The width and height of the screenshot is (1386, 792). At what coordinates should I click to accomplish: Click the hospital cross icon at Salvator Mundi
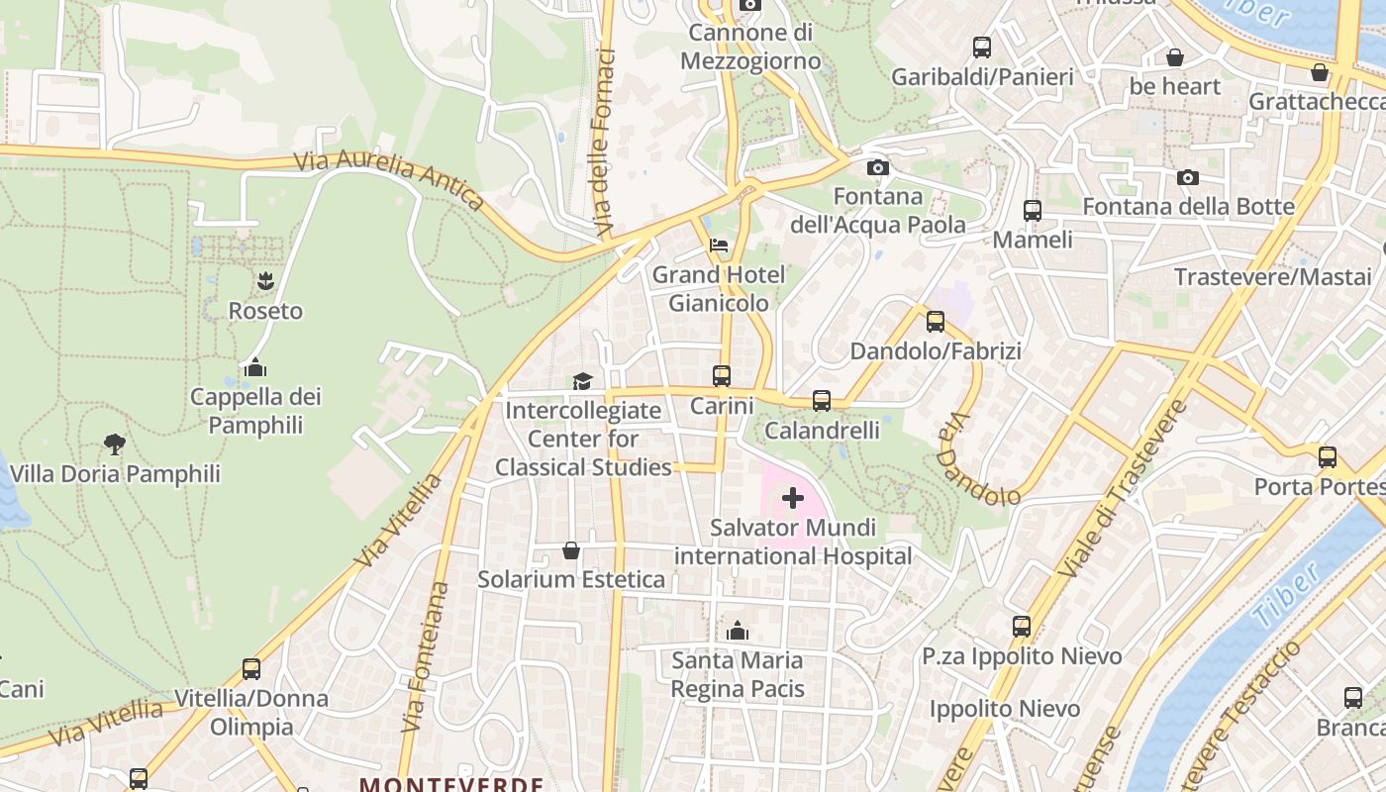(x=793, y=498)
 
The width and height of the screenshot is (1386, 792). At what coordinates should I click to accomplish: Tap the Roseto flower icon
(x=265, y=281)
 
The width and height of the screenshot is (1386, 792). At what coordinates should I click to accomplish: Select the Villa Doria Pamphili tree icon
(x=115, y=445)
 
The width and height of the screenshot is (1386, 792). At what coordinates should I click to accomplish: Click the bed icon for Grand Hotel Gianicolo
(x=719, y=245)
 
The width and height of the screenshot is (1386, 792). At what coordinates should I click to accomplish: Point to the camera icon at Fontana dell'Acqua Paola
(x=877, y=167)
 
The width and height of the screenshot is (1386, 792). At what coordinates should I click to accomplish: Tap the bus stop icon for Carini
(x=722, y=376)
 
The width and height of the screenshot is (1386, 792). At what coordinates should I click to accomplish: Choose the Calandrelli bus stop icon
(x=822, y=401)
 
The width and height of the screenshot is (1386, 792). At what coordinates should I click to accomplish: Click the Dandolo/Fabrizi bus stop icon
(x=936, y=322)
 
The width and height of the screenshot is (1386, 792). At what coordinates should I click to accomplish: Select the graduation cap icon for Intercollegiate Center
(x=582, y=381)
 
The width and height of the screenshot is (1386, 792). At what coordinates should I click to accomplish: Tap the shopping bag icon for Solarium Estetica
(x=571, y=550)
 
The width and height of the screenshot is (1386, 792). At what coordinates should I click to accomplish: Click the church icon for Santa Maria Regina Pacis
(x=738, y=631)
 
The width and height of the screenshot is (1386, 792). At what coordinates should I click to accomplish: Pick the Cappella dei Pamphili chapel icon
(x=255, y=367)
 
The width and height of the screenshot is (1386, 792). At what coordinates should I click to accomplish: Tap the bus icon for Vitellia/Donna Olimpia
(x=251, y=669)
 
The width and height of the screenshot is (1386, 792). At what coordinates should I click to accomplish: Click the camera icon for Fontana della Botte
(x=1188, y=177)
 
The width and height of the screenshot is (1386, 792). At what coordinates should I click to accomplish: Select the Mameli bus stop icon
(x=1033, y=211)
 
